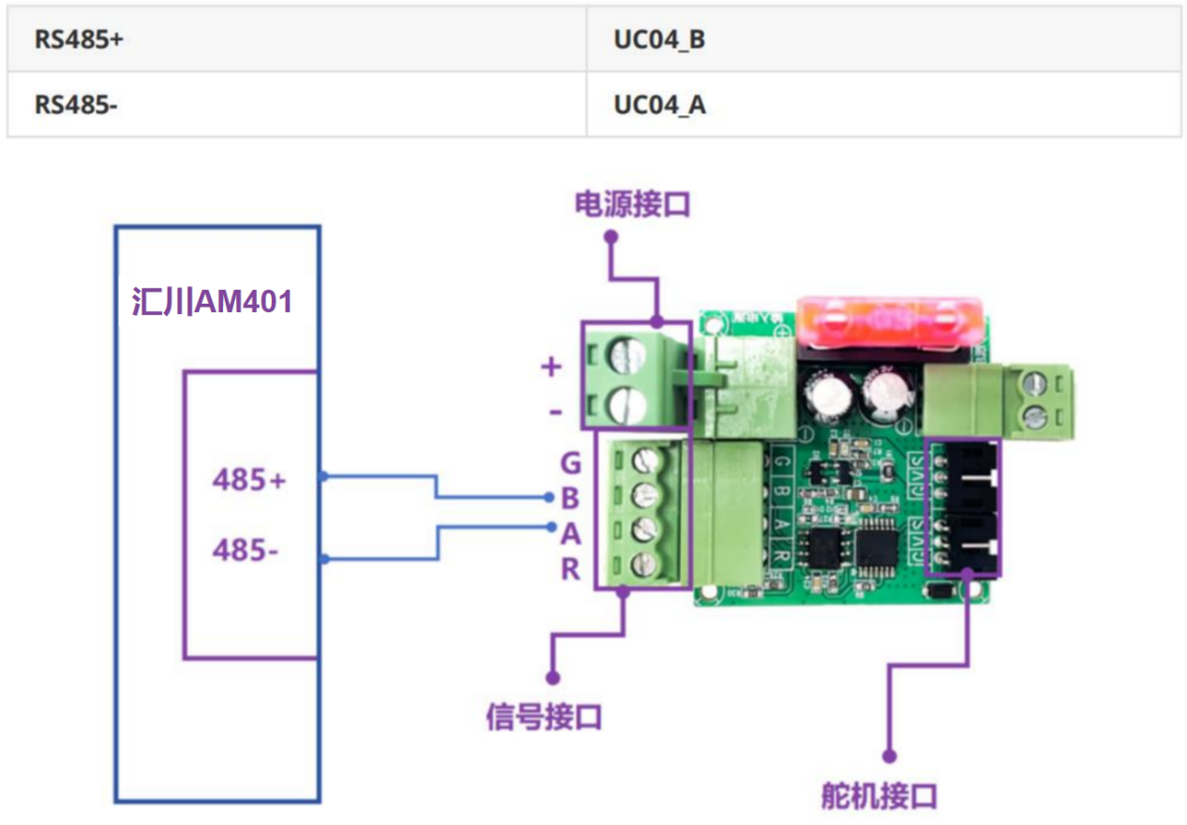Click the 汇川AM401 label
point(213,302)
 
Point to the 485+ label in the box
point(249,480)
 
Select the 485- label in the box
point(245,549)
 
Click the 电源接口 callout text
point(632,204)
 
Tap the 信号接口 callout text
point(543,717)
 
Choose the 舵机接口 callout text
point(878,796)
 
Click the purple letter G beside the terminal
point(571,463)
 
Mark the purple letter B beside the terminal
point(571,499)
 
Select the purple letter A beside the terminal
point(571,533)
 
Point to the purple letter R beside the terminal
point(571,569)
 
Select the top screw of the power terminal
point(625,355)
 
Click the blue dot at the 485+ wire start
point(323,477)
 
